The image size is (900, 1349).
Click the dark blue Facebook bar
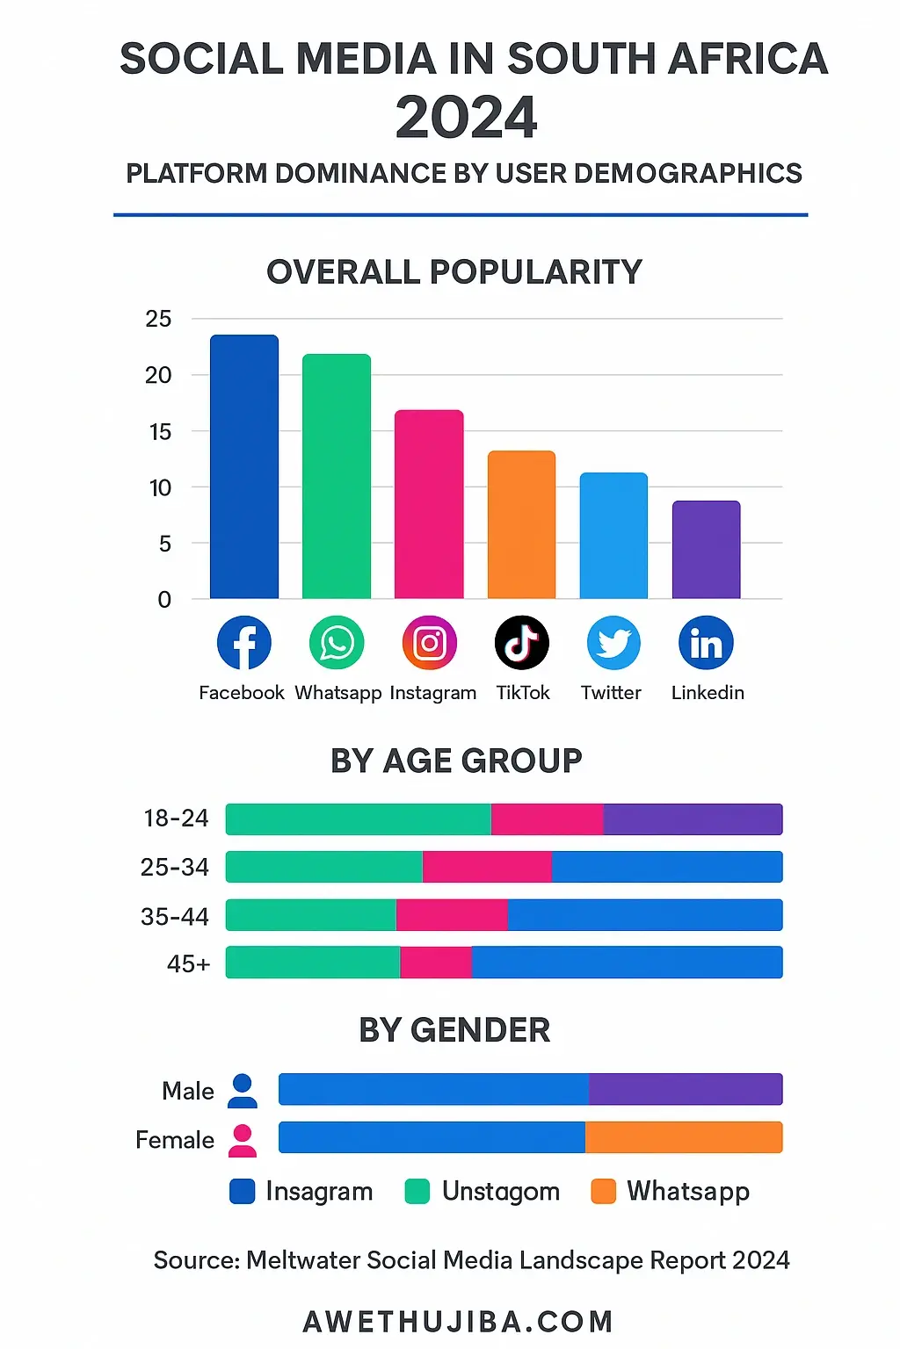[x=244, y=467]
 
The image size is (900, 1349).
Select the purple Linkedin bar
[x=706, y=550]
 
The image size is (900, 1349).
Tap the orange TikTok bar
[x=521, y=525]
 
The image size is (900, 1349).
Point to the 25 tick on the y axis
[x=158, y=319]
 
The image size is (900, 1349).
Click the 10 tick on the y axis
[x=160, y=487]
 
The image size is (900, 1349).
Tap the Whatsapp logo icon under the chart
[x=337, y=643]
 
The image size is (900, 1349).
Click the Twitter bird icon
[x=613, y=643]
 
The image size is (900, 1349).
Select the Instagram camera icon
[x=430, y=643]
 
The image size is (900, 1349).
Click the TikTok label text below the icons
[x=522, y=692]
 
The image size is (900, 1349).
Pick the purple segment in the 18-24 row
[x=693, y=819]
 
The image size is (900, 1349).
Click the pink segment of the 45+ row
[x=436, y=963]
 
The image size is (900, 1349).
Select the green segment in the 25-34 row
[x=323, y=867]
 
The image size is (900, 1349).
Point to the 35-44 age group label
[x=175, y=917]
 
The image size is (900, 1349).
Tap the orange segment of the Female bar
[x=684, y=1137]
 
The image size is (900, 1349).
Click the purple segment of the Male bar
[x=686, y=1089]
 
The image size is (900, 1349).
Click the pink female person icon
[x=243, y=1140]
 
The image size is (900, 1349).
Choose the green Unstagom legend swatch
[x=417, y=1192]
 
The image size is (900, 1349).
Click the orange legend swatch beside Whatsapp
[x=603, y=1192]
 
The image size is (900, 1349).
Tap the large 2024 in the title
[x=466, y=118]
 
